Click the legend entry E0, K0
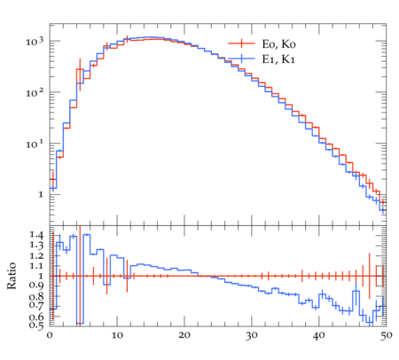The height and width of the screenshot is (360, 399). point(278,44)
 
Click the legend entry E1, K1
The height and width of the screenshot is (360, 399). point(278,59)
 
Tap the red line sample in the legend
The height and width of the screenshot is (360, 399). point(241,43)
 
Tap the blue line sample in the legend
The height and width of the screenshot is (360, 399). point(241,59)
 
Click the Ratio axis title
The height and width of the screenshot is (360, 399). point(12,276)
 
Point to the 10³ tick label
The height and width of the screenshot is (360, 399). point(35,42)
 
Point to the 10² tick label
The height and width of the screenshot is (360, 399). point(35,92)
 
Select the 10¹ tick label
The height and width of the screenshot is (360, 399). point(35,144)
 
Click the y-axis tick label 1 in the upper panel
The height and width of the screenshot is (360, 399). point(41,195)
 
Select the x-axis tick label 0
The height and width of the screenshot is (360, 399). point(50,335)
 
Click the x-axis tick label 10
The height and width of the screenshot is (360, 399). point(117,335)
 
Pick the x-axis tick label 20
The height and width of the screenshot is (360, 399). point(184,335)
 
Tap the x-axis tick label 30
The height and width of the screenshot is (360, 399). point(252,335)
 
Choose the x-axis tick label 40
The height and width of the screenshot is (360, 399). point(318,335)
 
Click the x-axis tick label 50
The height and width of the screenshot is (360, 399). point(386,335)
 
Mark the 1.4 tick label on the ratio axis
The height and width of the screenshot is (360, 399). point(36,235)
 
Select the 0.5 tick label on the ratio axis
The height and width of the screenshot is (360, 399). point(36,325)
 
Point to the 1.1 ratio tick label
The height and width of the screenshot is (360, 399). point(36,266)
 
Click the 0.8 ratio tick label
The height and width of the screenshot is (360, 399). point(36,296)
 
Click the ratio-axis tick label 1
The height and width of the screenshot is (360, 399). point(41,276)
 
